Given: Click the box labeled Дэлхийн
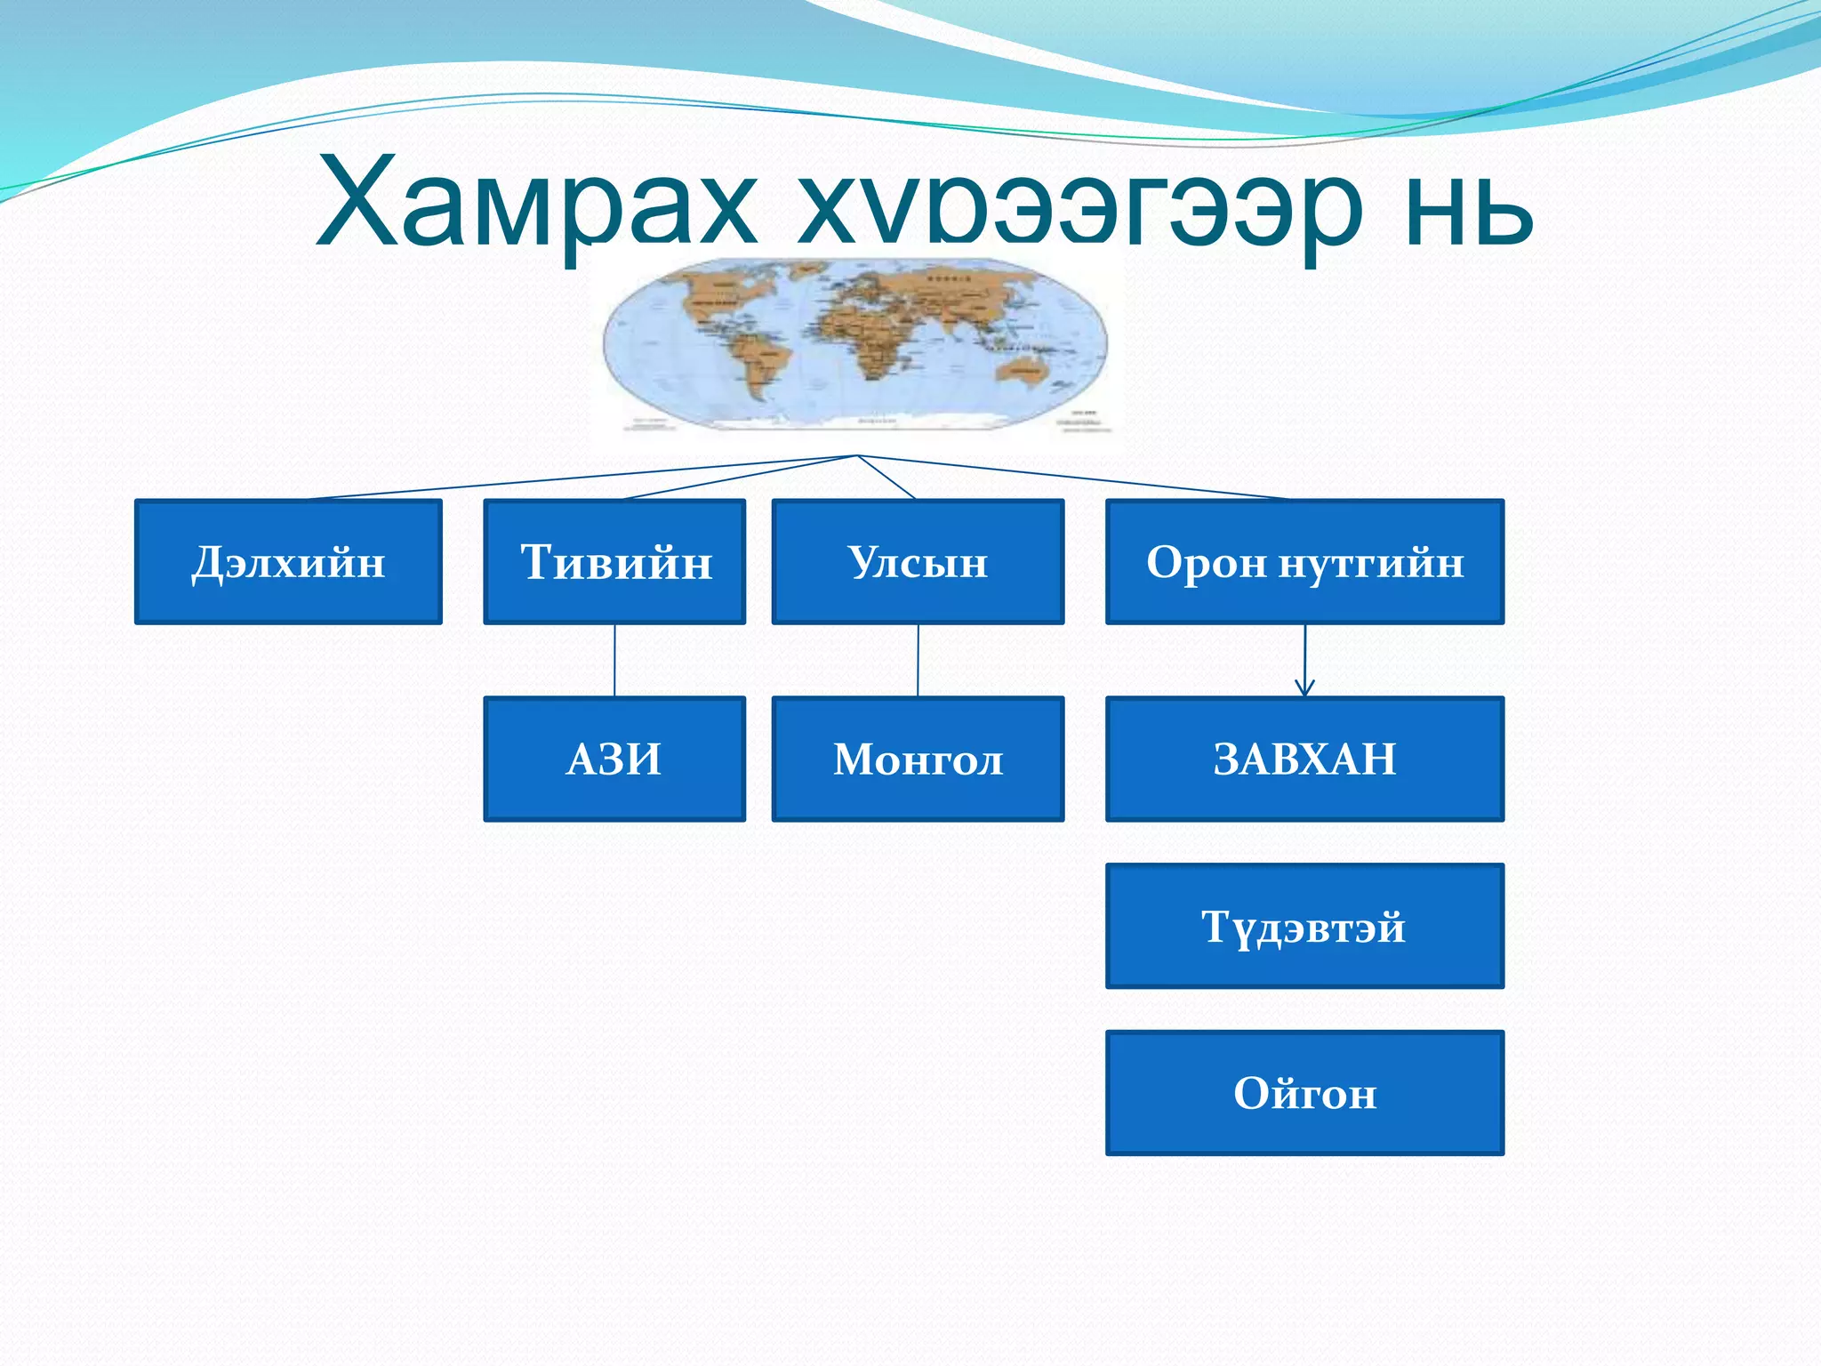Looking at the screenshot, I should click(288, 561).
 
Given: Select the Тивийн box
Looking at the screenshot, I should click(614, 561).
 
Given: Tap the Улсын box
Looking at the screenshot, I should click(918, 561).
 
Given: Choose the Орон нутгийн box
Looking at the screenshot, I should click(1304, 561).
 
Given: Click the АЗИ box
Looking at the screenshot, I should click(614, 759).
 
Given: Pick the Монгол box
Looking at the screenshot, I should click(918, 759).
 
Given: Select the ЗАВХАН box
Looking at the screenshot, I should click(1304, 759).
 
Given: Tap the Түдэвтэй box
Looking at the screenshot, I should click(1304, 926).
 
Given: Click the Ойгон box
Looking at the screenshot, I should click(1304, 1093).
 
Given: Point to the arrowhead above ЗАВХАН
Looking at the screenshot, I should click(1304, 689).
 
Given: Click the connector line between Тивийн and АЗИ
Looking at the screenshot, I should click(614, 660).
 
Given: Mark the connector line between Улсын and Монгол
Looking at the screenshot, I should click(918, 660).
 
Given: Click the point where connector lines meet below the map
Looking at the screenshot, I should click(857, 456).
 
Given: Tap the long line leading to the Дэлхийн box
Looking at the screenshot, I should click(578, 478).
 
